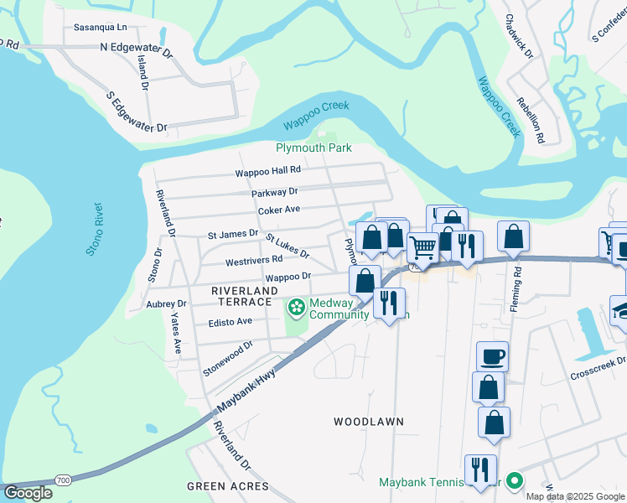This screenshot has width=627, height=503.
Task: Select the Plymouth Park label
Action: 313,148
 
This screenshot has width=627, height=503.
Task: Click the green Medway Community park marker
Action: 296,308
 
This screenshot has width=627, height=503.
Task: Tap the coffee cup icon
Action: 493,356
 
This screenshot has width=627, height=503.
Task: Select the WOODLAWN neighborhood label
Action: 369,421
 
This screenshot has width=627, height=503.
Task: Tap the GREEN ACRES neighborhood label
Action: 227,486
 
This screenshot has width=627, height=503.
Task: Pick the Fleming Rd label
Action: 518,284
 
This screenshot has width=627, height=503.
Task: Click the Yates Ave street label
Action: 176,334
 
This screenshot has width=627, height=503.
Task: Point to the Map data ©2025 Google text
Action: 575,496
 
